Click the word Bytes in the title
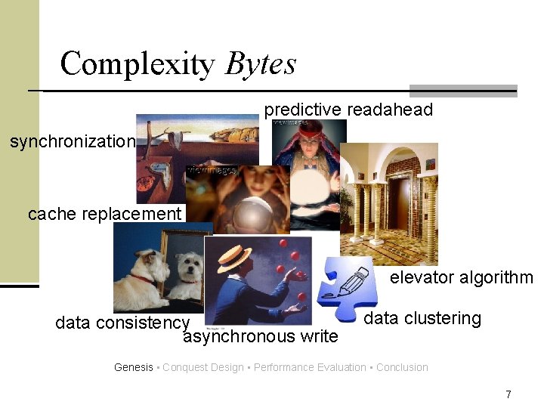point(260,65)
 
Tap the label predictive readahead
point(348,110)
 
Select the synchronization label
point(73,141)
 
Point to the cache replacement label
point(105,214)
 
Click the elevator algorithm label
point(461,278)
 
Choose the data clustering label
point(422,318)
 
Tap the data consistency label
point(122,323)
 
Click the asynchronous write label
point(261,336)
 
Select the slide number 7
point(508,394)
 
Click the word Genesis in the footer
point(133,368)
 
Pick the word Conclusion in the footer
point(402,368)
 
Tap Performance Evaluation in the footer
point(310,368)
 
